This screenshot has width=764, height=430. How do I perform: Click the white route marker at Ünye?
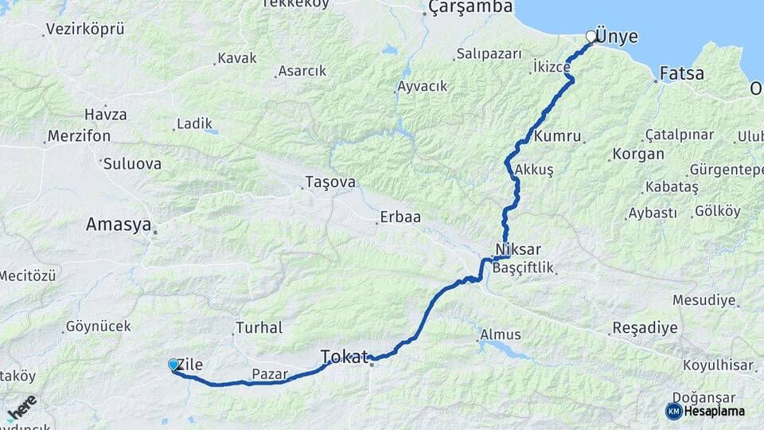pos(591,37)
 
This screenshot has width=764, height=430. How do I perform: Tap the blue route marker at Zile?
pos(173,365)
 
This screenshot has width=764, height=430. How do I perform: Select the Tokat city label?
pos(345,355)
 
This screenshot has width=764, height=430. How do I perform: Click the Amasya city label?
pos(119,225)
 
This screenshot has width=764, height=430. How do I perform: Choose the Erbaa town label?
pos(400,217)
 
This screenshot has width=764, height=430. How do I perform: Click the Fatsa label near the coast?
pos(683,74)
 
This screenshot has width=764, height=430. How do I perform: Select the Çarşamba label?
pos(470,8)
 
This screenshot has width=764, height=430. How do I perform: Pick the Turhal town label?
pos(259,327)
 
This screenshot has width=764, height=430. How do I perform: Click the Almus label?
pos(501,335)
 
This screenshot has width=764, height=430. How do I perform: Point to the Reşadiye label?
pos(645,328)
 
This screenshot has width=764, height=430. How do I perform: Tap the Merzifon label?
pos(79,136)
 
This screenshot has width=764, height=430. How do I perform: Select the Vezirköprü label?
pos(85,29)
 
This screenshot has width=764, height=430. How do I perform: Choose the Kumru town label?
pos(558,136)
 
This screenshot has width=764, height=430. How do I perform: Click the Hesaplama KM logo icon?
pos(673,411)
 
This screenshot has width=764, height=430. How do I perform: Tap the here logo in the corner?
pos(21,408)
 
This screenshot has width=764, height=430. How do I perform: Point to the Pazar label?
pos(270,373)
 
